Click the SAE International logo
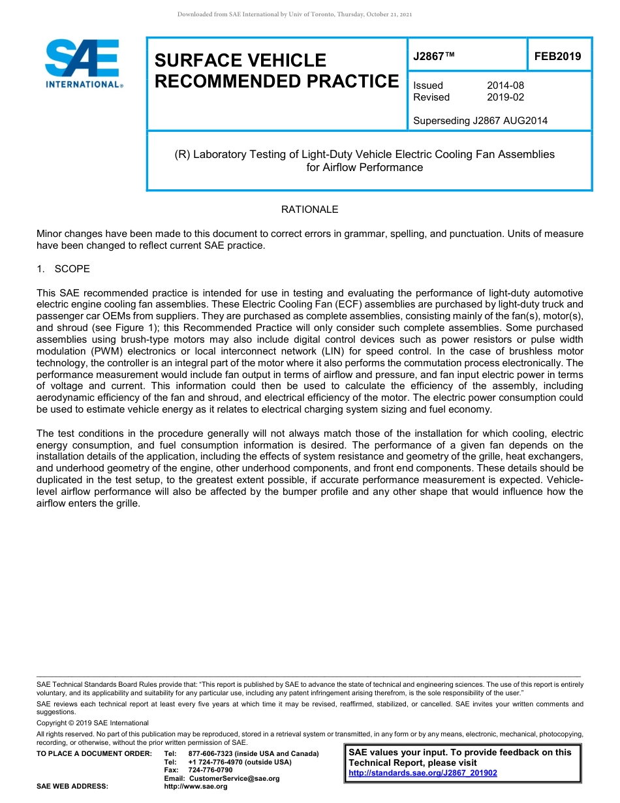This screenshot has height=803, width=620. tap(84, 63)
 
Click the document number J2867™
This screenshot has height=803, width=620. tap(434, 56)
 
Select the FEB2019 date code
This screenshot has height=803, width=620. tap(557, 56)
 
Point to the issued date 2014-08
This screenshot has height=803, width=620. tap(505, 86)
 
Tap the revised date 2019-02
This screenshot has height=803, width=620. tap(505, 97)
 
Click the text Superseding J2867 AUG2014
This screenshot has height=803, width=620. tap(480, 120)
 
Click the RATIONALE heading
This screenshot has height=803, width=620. tap(309, 210)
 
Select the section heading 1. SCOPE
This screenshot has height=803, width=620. tap(63, 269)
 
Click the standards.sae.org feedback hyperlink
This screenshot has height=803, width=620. tap(423, 773)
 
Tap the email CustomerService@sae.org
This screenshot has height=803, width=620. tap(234, 778)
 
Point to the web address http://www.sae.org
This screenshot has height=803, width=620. tap(208, 787)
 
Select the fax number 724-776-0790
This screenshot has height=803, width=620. tap(210, 770)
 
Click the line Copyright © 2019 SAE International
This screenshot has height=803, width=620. tap(93, 723)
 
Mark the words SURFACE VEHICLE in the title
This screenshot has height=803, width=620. tap(240, 61)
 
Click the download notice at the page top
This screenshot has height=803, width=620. tap(294, 14)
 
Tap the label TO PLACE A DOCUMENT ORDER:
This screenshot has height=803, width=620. tap(94, 753)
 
